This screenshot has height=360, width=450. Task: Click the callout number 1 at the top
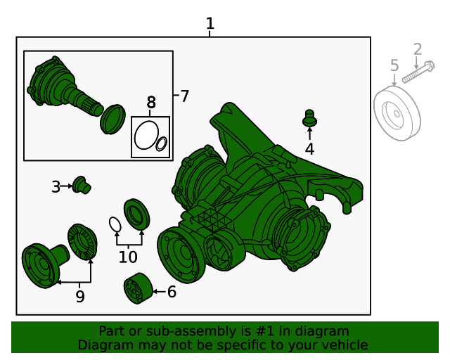point(210,24)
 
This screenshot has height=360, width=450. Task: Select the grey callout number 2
point(418,49)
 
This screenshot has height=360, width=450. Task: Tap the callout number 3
point(56,186)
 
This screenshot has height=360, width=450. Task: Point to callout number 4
point(309,148)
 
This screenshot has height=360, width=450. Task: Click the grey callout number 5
point(394,66)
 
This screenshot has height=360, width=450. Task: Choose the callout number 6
point(172,291)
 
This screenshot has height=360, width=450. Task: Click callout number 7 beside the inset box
point(184,96)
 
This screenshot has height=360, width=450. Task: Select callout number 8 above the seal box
point(151,103)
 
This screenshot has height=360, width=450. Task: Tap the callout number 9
point(80,297)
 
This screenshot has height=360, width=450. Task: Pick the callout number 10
point(128,257)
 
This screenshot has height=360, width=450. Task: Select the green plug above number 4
point(309,117)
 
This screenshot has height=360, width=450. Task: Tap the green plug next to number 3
point(83,185)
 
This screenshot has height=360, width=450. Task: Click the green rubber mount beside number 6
point(137,289)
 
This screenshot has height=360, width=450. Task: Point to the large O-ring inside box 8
point(146,135)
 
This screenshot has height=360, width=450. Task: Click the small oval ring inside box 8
point(161,144)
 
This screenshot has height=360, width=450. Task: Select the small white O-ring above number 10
point(115,224)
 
